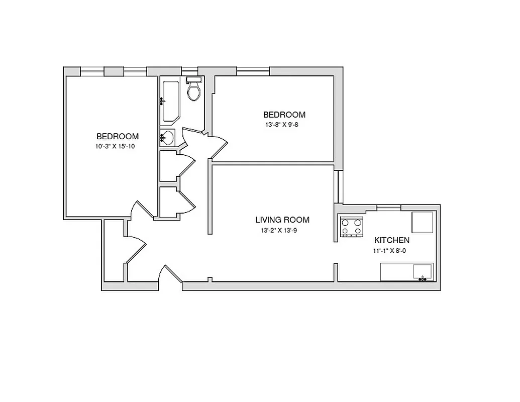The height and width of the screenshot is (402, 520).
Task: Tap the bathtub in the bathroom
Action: pyautogui.click(x=169, y=100)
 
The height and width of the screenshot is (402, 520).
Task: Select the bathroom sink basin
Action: pyautogui.click(x=168, y=137)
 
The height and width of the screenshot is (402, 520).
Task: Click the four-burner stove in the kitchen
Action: pyautogui.click(x=351, y=227)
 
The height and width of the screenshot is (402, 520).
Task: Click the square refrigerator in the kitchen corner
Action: pyautogui.click(x=422, y=222)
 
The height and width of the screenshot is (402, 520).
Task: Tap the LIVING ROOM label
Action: pyautogui.click(x=282, y=220)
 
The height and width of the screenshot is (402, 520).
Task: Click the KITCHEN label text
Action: pyautogui.click(x=391, y=240)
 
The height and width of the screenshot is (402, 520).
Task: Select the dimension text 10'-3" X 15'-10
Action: pyautogui.click(x=118, y=146)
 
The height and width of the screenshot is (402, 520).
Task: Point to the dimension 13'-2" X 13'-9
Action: pyautogui.click(x=282, y=231)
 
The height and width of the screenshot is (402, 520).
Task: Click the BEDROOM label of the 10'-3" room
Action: pyautogui.click(x=118, y=136)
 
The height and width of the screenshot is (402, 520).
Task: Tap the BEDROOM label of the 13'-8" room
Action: pyautogui.click(x=284, y=115)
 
